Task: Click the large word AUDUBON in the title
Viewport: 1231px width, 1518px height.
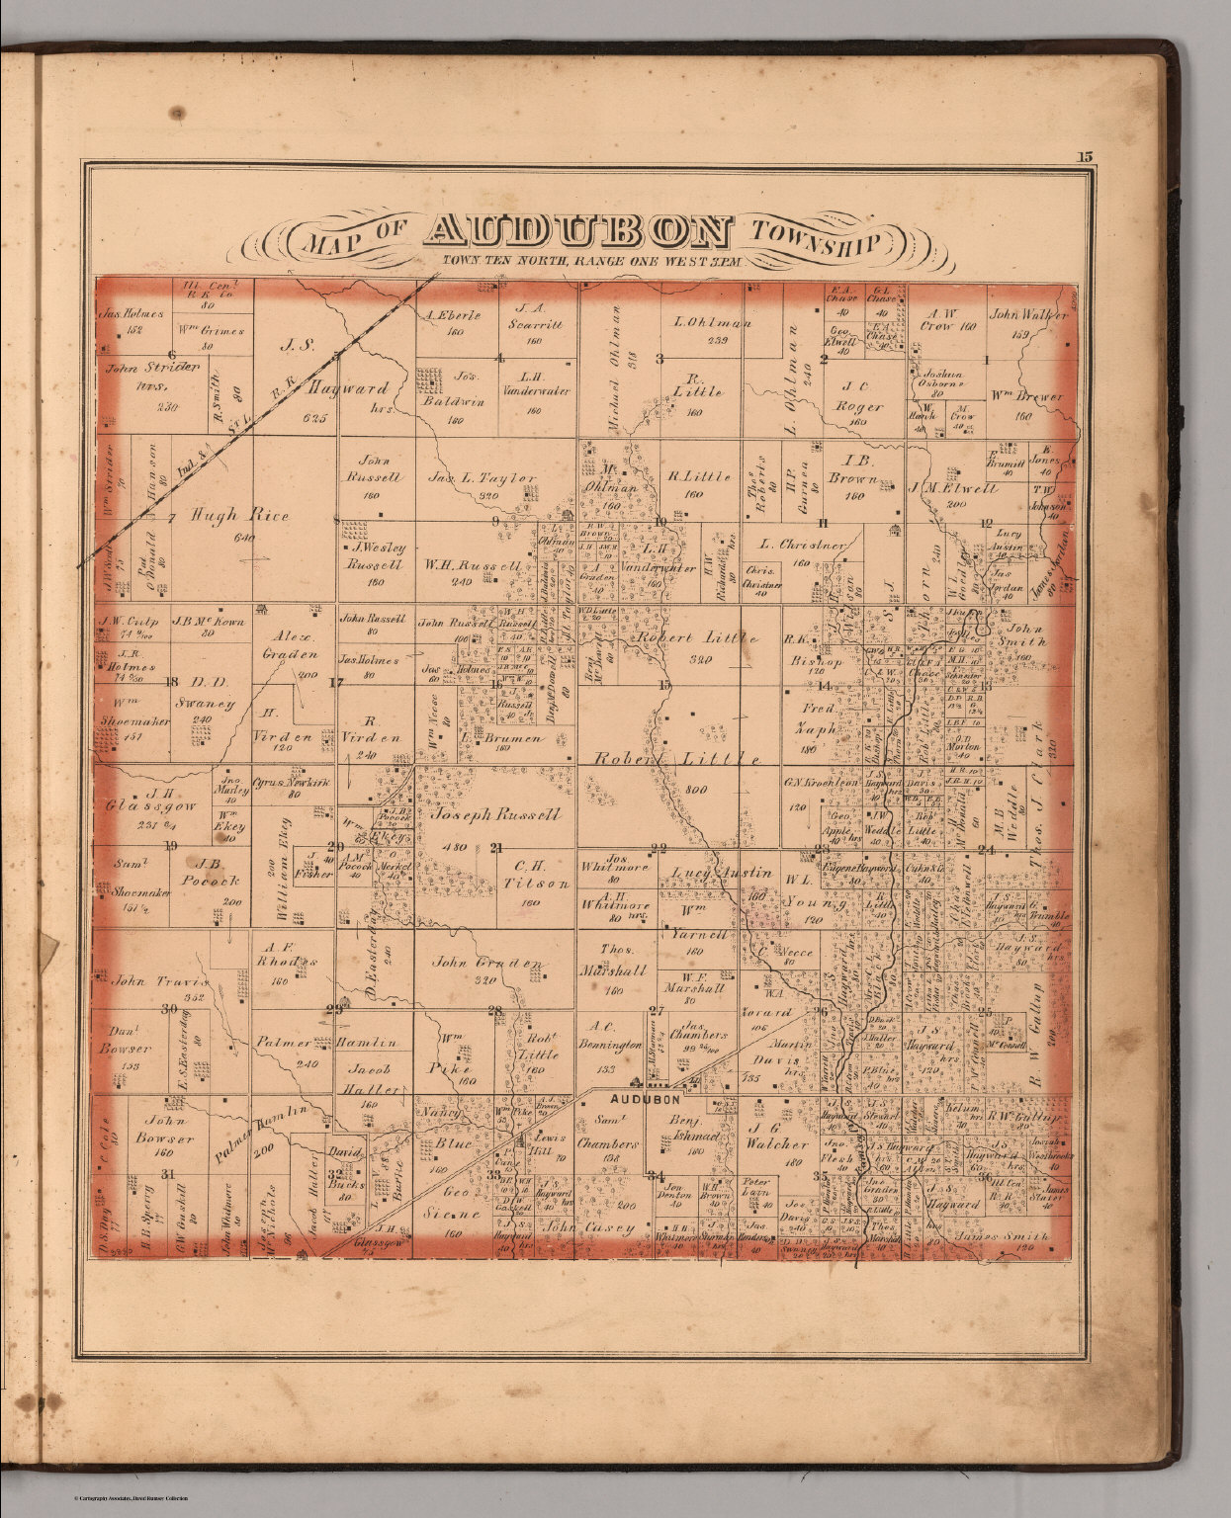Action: [x=579, y=231]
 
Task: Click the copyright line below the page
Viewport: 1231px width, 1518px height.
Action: [x=130, y=1498]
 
